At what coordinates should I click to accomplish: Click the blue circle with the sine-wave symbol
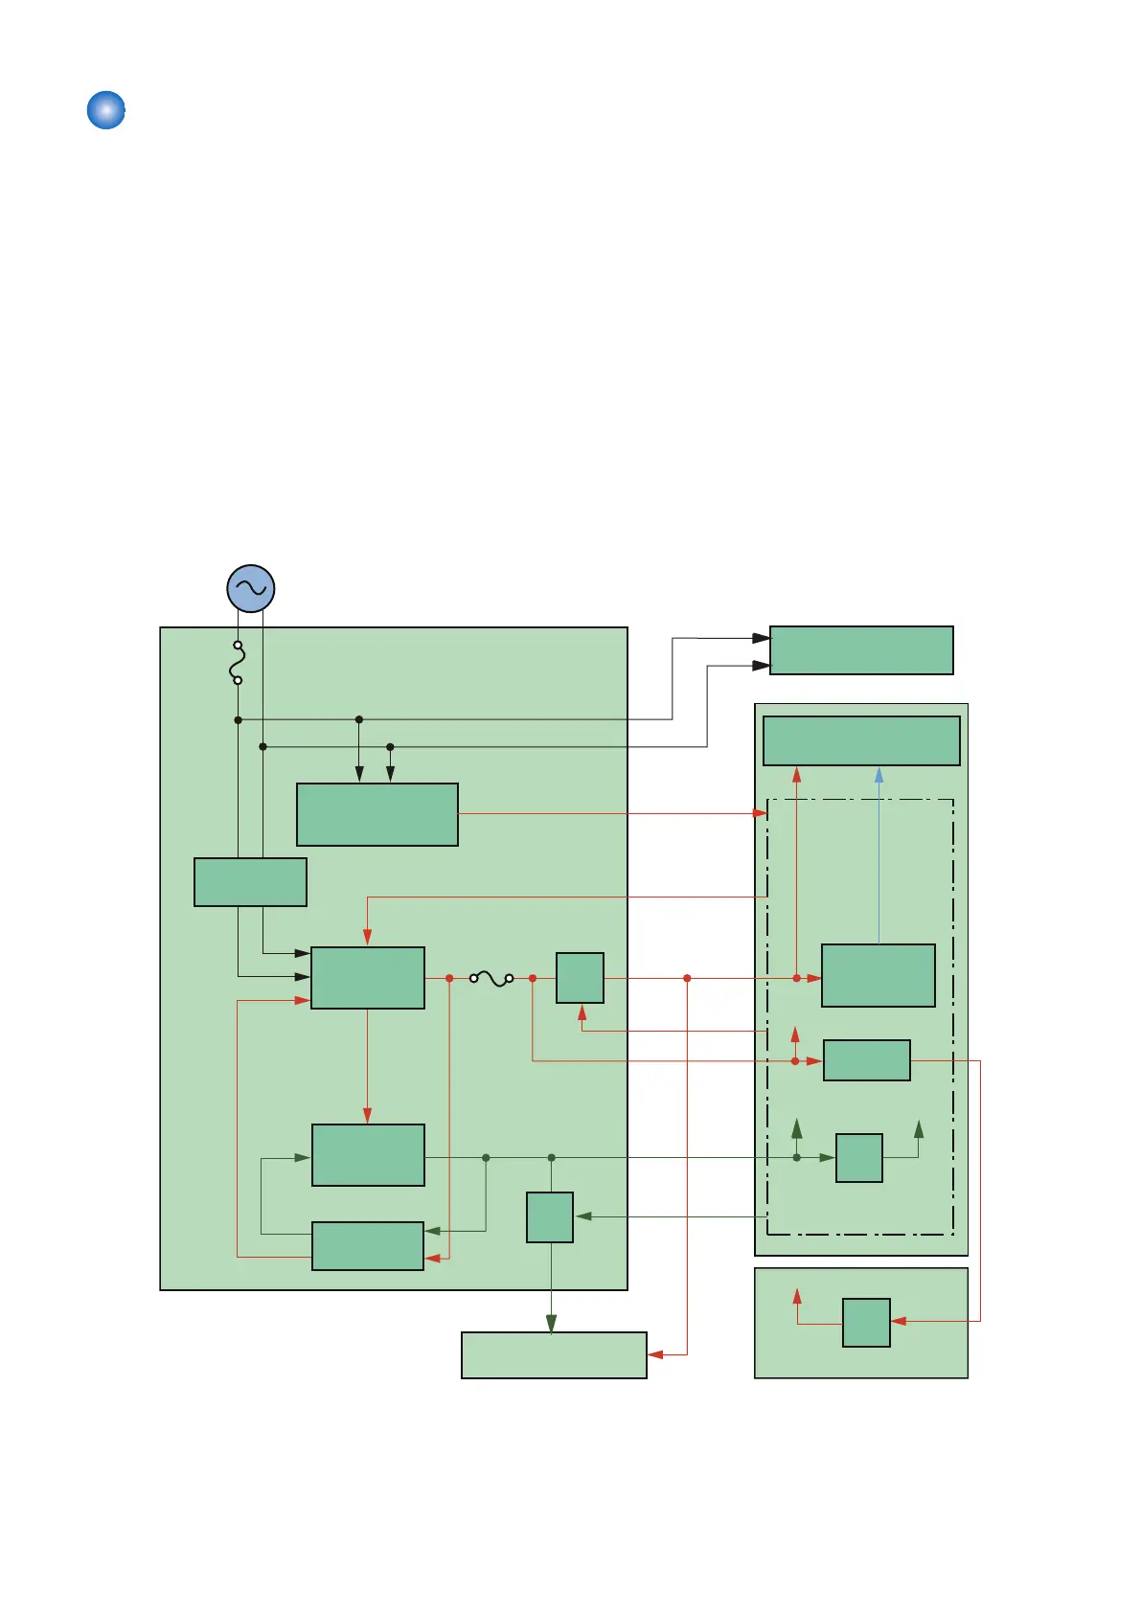[x=251, y=588]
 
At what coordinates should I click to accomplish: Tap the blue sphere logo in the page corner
[x=106, y=110]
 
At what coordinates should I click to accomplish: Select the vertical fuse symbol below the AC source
[x=238, y=663]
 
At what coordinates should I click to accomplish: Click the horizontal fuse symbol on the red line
[x=491, y=978]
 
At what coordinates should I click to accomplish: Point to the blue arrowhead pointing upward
[x=879, y=775]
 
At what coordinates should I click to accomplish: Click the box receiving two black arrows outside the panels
[x=861, y=650]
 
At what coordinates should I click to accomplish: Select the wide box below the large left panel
[x=554, y=1354]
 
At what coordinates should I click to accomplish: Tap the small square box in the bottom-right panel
[x=866, y=1323]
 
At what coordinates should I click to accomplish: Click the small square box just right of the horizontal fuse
[x=580, y=978]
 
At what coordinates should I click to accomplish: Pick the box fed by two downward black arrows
[x=377, y=814]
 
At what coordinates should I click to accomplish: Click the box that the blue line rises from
[x=878, y=975]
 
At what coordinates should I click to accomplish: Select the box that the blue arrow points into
[x=861, y=740]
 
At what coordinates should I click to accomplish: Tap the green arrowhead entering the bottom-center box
[x=551, y=1323]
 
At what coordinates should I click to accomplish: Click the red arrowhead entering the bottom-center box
[x=656, y=1354]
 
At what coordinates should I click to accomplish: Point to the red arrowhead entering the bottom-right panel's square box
[x=899, y=1321]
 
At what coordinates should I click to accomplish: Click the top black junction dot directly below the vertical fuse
[x=238, y=719]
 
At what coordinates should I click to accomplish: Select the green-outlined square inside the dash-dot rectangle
[x=858, y=1158]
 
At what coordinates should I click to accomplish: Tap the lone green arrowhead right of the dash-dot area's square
[x=919, y=1129]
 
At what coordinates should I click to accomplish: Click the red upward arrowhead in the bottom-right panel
[x=797, y=1296]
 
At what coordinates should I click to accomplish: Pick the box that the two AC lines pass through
[x=250, y=882]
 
